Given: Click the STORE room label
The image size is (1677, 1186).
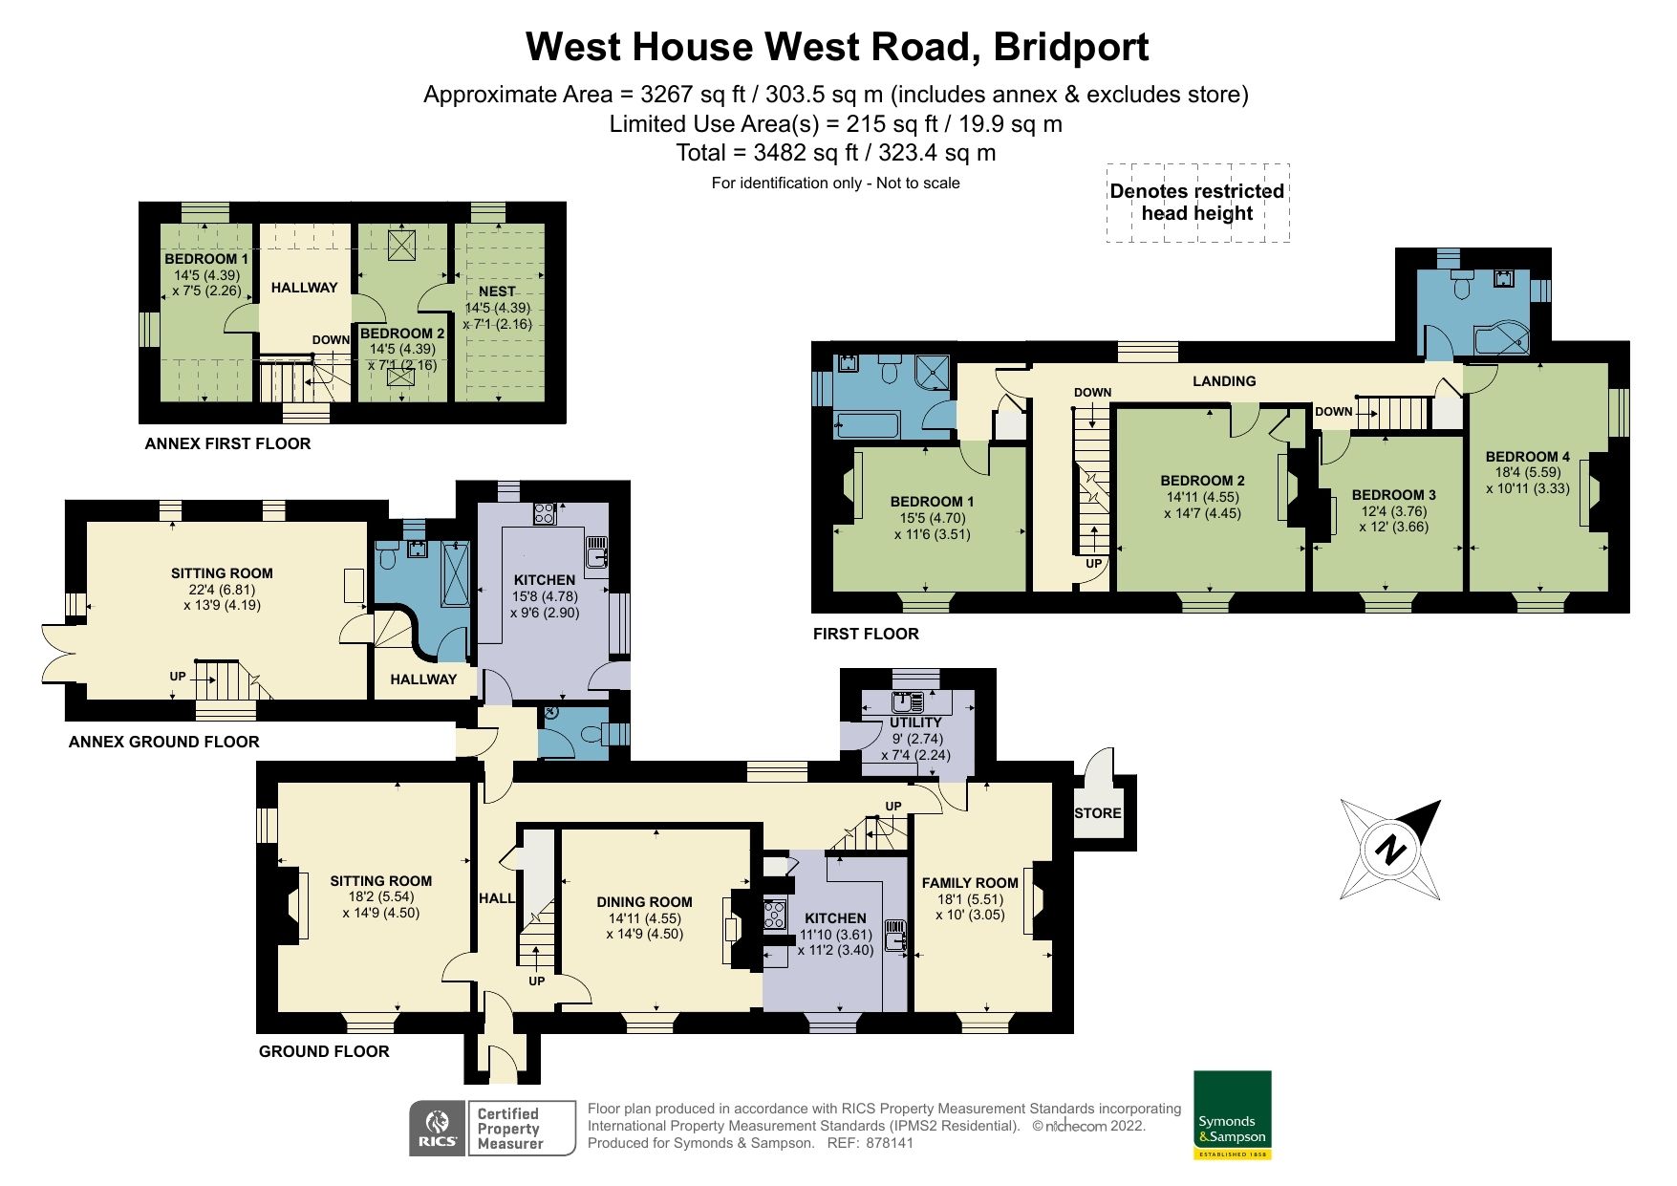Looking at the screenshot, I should click(1097, 813).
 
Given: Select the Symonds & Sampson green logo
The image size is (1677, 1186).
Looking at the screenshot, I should click(1232, 1114).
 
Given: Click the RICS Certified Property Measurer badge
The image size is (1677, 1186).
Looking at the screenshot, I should click(492, 1128).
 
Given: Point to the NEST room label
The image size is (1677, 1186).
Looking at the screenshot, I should click(497, 291).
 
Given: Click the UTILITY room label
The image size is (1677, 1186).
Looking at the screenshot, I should click(915, 722).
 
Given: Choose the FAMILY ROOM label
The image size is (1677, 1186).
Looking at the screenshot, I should click(970, 883).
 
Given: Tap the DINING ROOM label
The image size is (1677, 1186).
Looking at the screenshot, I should click(644, 902).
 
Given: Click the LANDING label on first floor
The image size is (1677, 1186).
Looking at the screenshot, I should click(1224, 381).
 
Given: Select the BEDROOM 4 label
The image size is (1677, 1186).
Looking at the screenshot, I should click(1526, 457).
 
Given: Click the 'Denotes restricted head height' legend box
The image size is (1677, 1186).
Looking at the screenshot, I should click(1197, 203).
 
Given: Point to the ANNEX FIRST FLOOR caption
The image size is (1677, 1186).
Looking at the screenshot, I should click(227, 443).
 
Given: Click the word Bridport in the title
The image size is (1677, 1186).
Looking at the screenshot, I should click(1070, 46).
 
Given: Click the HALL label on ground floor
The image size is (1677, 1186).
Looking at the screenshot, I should click(496, 898).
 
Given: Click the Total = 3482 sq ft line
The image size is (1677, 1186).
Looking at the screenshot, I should click(835, 153).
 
